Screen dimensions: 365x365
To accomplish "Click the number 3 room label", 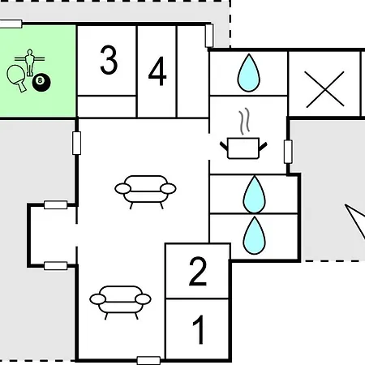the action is point(109,60).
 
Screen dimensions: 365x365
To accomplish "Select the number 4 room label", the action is point(157,71).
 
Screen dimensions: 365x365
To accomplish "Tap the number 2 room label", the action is point(198,271).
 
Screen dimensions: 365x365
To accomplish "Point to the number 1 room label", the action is point(199,329).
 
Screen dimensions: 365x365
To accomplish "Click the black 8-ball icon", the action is point(41,82).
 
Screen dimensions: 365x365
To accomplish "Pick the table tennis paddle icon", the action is point(17,78).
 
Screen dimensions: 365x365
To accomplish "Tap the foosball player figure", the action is point(29,62).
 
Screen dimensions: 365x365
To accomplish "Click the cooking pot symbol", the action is point(243,148).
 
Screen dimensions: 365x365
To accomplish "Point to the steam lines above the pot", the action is point(244,122).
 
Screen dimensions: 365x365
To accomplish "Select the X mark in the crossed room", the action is point(325,89).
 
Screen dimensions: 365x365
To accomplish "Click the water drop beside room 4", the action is point(249,73).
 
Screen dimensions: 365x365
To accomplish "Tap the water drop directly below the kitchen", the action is point(254,195).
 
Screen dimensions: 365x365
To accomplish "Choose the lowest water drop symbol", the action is point(254,235).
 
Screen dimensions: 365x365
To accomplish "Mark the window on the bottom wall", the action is point(148,360).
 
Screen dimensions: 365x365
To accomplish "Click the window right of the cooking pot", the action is point(288,152).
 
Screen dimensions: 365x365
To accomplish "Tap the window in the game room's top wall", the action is point(11,24).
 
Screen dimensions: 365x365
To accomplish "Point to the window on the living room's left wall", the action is point(76,143).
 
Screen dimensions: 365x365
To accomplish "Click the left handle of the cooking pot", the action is point(224,147).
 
